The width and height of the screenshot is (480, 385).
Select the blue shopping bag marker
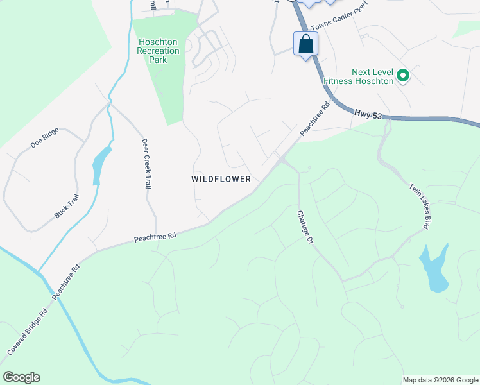[x=305, y=44]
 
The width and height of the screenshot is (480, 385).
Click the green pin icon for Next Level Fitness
[x=403, y=76]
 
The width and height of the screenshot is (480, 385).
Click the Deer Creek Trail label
[x=146, y=164]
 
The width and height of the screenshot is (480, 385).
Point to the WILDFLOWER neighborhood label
[x=221, y=179]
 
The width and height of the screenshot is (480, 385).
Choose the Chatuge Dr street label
[x=304, y=227]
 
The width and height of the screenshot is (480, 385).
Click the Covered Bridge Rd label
[x=28, y=332]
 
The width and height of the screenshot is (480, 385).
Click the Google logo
[x=21, y=377]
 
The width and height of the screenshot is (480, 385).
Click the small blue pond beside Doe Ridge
[x=100, y=163]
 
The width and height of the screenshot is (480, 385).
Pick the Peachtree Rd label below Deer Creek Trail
[x=155, y=237]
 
